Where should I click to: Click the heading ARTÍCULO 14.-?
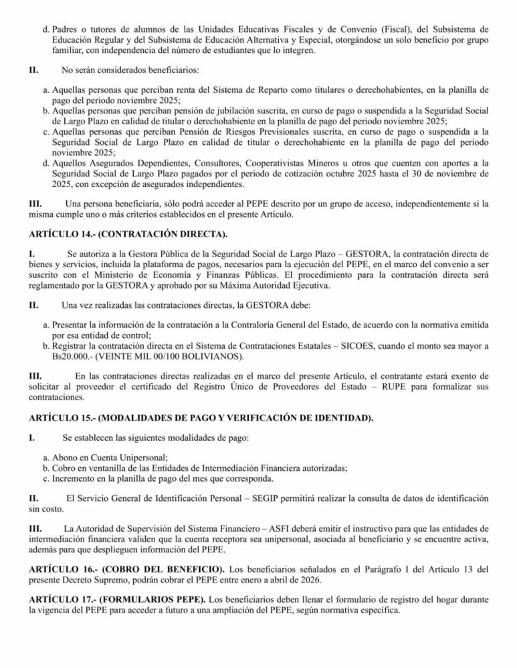58,233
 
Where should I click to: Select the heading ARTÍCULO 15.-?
58,417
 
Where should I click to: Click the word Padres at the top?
64,29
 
